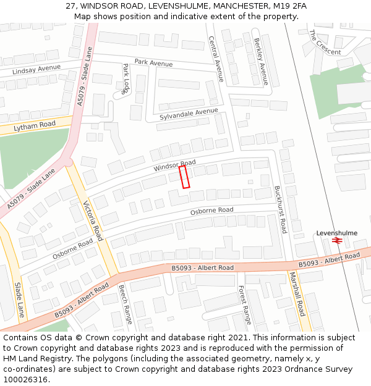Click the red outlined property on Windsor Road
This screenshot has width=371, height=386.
[184, 177]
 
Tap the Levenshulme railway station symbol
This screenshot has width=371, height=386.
[337, 241]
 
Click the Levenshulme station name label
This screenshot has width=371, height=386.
[337, 233]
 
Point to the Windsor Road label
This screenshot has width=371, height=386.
[175, 166]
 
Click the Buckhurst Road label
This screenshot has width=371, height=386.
[280, 209]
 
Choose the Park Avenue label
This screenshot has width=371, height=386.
[153, 62]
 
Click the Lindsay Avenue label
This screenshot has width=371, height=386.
[36, 68]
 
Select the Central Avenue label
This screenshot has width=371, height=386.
[216, 59]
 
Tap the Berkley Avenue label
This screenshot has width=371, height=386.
[261, 62]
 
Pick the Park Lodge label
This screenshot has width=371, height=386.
[126, 78]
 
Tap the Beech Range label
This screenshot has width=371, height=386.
[126, 304]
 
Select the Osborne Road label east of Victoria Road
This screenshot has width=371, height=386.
[212, 211]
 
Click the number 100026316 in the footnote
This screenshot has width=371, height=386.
[26, 380]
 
